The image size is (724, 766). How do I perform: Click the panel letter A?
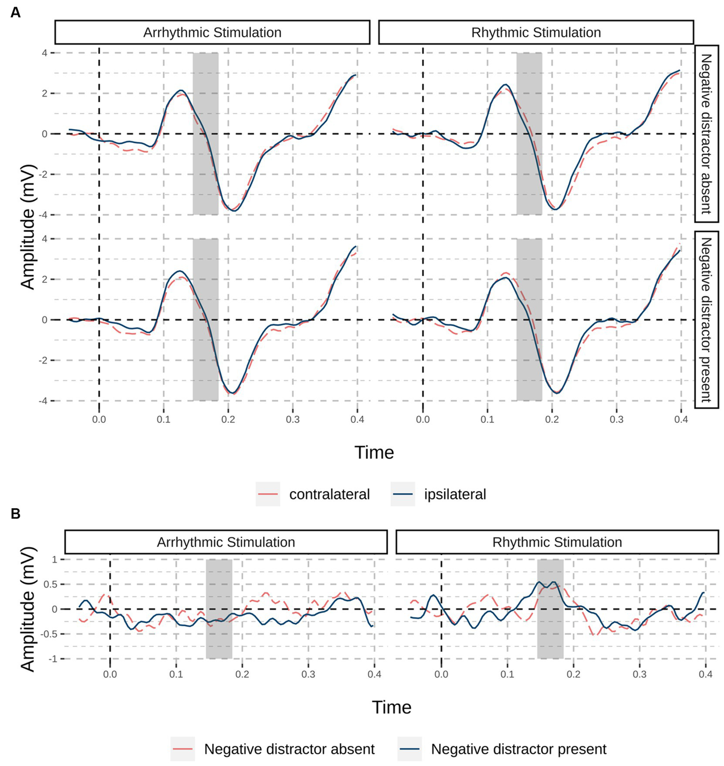point(15,13)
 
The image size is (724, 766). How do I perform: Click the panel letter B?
point(15,514)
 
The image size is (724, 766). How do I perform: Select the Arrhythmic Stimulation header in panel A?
point(212,33)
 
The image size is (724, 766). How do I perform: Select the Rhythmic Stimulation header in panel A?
point(536,33)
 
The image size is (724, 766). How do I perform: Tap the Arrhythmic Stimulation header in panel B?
point(226,542)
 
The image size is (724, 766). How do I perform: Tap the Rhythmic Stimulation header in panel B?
point(557,542)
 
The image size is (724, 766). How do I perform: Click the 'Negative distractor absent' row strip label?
point(706,134)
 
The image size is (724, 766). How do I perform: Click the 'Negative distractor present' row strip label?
point(706,320)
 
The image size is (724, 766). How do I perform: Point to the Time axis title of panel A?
point(374,453)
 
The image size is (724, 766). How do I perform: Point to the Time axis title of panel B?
point(391,707)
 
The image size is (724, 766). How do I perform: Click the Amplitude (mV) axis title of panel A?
point(28,227)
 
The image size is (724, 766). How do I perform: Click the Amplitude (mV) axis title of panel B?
point(28,609)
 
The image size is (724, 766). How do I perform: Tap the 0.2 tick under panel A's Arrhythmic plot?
point(228,419)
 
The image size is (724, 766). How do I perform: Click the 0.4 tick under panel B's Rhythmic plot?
point(705,675)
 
